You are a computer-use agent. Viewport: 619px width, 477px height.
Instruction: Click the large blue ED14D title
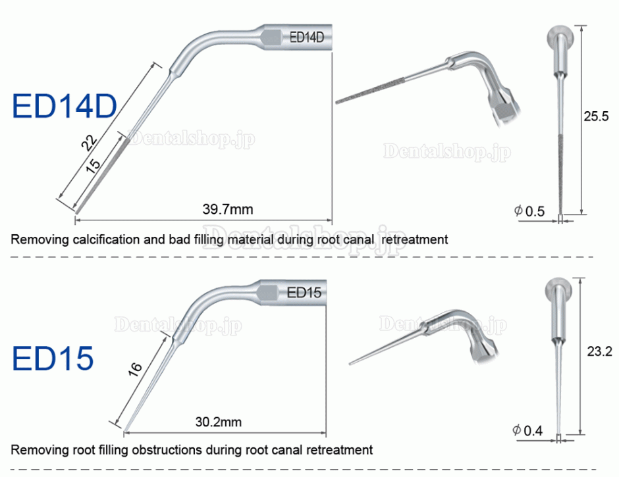(65, 106)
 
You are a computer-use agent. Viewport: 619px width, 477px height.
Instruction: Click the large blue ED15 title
(53, 358)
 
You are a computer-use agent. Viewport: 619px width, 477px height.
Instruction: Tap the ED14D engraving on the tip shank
(307, 37)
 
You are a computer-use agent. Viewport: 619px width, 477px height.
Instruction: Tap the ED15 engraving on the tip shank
(304, 292)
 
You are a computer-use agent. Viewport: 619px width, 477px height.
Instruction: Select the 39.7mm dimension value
(228, 209)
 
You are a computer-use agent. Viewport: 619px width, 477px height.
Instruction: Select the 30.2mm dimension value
(219, 422)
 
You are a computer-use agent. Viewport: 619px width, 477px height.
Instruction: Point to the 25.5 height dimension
(596, 116)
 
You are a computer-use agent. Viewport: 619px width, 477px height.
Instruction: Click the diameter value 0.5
(535, 211)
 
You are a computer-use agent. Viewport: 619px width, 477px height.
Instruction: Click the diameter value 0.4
(533, 430)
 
